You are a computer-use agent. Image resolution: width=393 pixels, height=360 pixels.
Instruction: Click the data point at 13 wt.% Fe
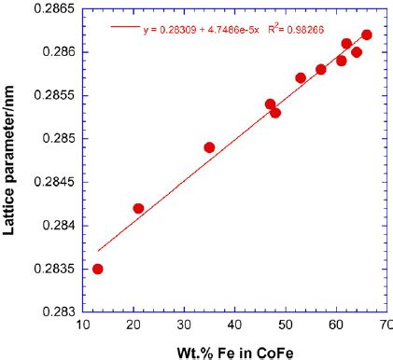pyautogui.click(x=98, y=269)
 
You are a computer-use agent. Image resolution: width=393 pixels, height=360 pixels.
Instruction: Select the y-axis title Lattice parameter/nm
pyautogui.click(x=11, y=159)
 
